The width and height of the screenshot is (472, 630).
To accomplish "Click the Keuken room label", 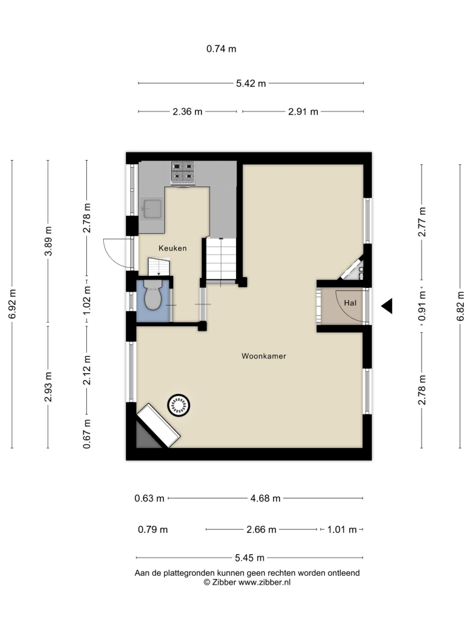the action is [x=172, y=248].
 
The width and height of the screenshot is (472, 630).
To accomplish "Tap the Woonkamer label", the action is [x=264, y=356].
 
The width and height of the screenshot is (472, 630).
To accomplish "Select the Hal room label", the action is [x=350, y=303].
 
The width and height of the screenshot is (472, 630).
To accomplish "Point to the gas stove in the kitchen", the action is [x=183, y=173].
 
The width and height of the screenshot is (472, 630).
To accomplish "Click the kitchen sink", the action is [x=151, y=209].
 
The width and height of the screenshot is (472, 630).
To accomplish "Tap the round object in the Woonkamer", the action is [x=179, y=405].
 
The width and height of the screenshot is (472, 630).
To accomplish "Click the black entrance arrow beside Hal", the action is [x=386, y=306].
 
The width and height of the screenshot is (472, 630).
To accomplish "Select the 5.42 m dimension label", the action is [x=251, y=84].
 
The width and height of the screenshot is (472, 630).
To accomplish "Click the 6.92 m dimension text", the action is [x=13, y=304].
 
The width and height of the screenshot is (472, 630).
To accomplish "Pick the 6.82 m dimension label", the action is [x=460, y=306].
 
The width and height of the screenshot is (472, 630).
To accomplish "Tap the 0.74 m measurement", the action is [x=222, y=49].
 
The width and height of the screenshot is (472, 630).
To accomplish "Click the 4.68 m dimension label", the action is [x=266, y=498].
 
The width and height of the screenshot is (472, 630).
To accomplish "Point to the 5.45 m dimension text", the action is [x=250, y=558].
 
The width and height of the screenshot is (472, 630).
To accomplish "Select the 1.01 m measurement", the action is [x=342, y=530].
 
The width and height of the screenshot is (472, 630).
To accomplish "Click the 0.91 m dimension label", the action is [x=422, y=306].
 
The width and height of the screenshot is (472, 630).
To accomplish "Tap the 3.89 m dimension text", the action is [x=48, y=241].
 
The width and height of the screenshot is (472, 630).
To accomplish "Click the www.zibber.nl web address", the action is [x=264, y=582].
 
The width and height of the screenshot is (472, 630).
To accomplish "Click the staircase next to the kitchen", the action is [x=221, y=260].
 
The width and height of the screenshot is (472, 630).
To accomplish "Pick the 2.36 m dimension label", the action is [x=188, y=112].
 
